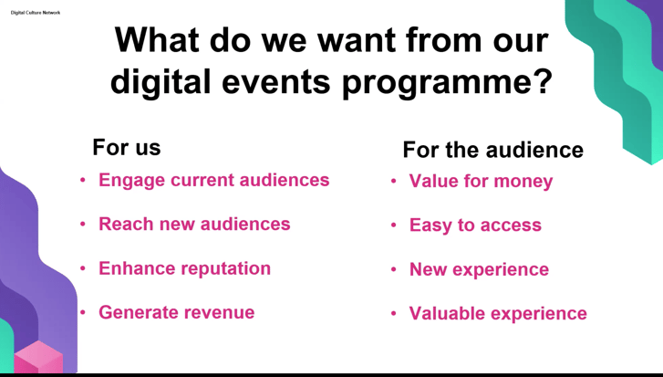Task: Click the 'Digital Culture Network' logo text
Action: tap(36, 13)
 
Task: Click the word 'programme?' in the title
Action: tap(448, 81)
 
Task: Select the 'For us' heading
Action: tap(127, 147)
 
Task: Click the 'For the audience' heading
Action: tap(493, 150)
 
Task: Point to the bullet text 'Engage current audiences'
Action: tap(214, 180)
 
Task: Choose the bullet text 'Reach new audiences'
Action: tap(194, 224)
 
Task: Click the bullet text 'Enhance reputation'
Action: tap(185, 268)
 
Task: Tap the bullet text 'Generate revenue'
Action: tap(177, 312)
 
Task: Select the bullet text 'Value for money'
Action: tap(481, 182)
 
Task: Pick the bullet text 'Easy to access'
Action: tap(475, 225)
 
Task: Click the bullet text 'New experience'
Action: tap(479, 269)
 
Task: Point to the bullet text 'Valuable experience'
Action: tap(498, 313)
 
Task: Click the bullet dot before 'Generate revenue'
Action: tap(83, 313)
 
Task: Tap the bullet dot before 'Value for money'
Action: tap(394, 181)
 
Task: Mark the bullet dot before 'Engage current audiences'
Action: tap(83, 180)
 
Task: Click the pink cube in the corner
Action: tap(38, 358)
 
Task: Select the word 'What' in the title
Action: tap(157, 40)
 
